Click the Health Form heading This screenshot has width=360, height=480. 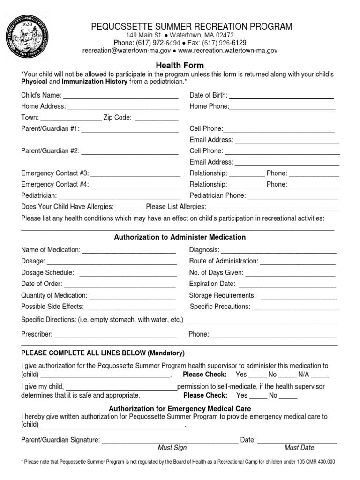tap(180, 66)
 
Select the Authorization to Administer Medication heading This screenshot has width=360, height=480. tap(180, 237)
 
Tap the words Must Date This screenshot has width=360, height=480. tap(299, 448)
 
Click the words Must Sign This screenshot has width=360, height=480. tap(172, 448)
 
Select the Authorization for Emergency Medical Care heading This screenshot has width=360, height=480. tap(180, 409)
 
